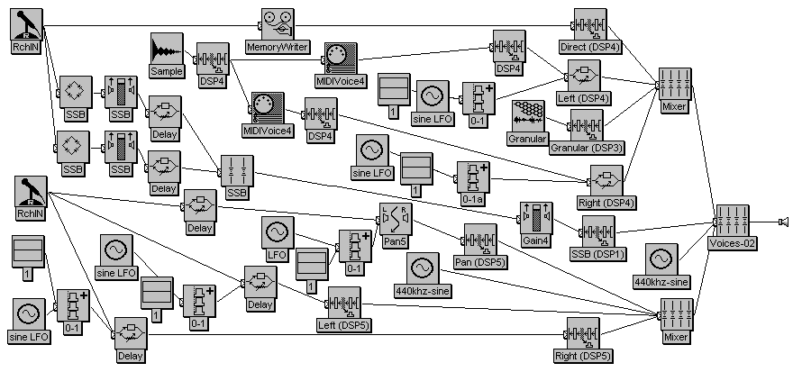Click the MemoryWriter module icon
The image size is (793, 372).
(278, 24)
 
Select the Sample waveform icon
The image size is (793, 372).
(167, 50)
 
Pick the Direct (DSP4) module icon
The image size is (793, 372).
(590, 24)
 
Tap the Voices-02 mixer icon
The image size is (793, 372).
(732, 221)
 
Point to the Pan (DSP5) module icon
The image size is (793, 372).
(480, 240)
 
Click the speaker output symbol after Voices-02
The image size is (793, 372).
(783, 221)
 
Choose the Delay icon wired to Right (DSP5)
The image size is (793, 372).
(131, 335)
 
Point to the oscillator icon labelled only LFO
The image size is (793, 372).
(277, 233)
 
